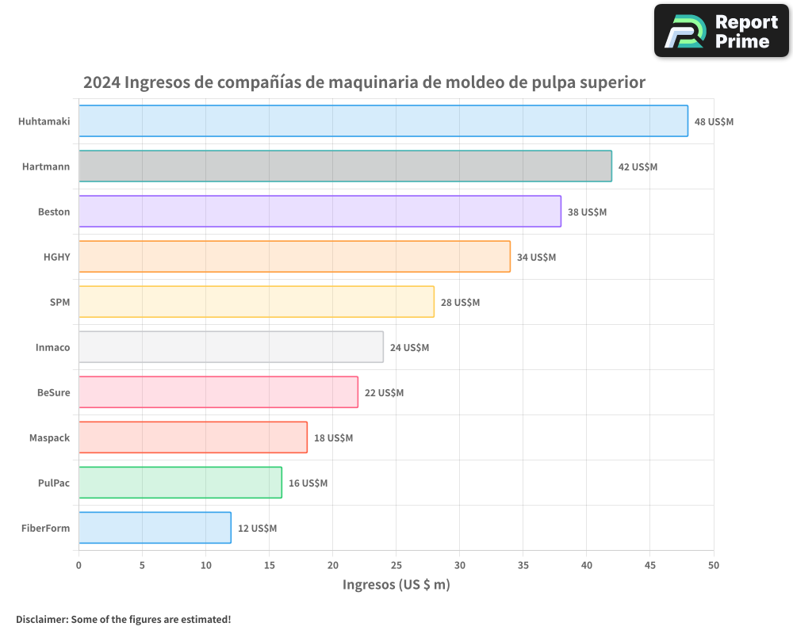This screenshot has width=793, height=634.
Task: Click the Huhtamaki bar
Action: [x=383, y=121]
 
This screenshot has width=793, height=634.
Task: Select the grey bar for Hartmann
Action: [x=345, y=166]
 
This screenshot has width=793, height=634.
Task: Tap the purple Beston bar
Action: [x=320, y=212]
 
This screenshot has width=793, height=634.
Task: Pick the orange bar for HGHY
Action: [x=294, y=257]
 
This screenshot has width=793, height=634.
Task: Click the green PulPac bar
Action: [x=180, y=483]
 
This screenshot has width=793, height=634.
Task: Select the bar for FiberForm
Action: [x=155, y=528]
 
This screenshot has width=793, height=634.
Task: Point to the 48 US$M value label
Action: [x=714, y=122]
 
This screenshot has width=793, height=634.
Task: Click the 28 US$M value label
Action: [x=460, y=303]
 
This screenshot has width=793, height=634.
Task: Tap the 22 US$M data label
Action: [x=384, y=393]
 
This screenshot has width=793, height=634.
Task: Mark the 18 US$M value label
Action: [x=333, y=438]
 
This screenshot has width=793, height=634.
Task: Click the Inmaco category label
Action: [x=52, y=347]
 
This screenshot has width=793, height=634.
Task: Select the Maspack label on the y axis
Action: [x=49, y=437]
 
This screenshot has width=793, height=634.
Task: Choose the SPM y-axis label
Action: [x=59, y=302]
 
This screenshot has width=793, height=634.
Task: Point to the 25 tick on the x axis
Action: [x=396, y=565]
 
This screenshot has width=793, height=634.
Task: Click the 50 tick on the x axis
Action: [x=713, y=565]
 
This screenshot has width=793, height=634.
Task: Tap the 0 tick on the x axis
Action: [x=79, y=565]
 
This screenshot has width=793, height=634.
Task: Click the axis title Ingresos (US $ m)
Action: [x=396, y=585]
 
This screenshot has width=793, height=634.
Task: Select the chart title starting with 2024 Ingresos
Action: [x=364, y=82]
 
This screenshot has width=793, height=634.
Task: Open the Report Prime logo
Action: [x=722, y=31]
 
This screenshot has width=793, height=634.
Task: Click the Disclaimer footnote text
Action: [x=123, y=619]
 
